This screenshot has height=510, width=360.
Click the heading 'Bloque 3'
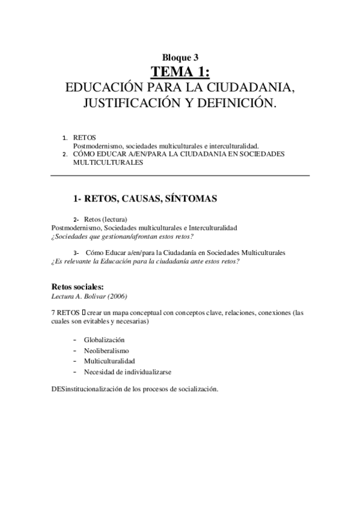pyautogui.click(x=180, y=58)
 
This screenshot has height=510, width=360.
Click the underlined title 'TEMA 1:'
pyautogui.click(x=180, y=73)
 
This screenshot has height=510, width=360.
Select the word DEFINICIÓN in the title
pyautogui.click(x=236, y=103)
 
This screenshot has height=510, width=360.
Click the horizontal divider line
pyautogui.click(x=180, y=175)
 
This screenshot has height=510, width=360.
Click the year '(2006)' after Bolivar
pyautogui.click(x=117, y=295)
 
